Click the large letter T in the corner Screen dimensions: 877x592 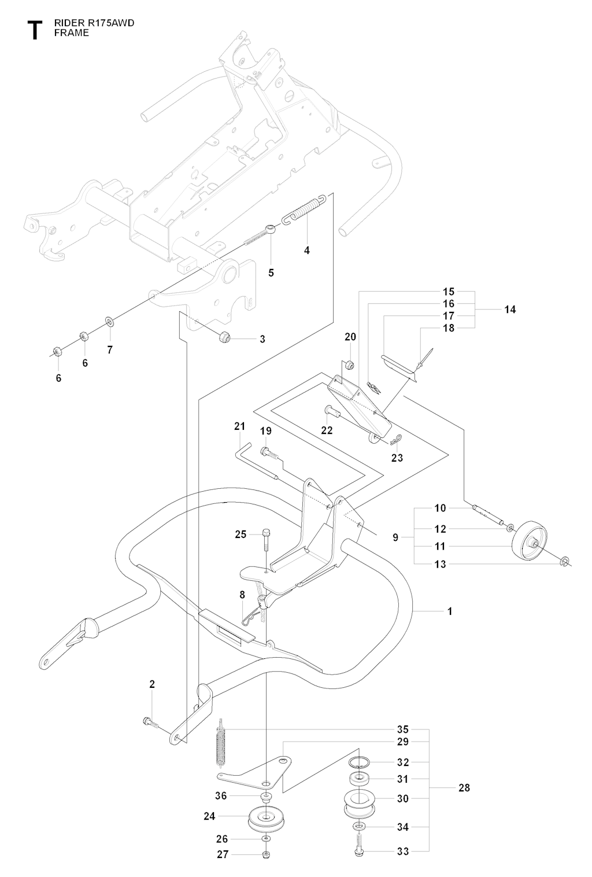[x=35, y=30]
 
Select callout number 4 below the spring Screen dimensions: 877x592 [x=307, y=250]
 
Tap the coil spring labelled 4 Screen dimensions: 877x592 [x=305, y=209]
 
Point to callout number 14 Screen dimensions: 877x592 [x=509, y=309]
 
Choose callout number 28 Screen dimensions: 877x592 [x=464, y=787]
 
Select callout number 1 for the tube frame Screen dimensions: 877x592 [x=450, y=611]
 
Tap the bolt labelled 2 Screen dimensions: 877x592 [x=150, y=721]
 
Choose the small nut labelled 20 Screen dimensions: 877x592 [x=349, y=364]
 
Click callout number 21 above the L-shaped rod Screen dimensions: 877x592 [x=240, y=426]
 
